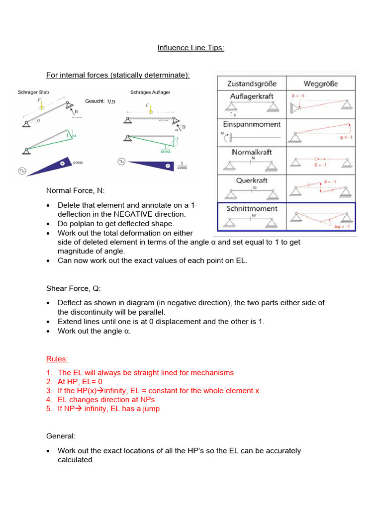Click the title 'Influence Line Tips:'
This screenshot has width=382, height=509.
[x=191, y=48]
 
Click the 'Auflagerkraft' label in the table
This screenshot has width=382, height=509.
[x=251, y=96]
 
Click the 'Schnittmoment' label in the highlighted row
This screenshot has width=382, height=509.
[x=252, y=208]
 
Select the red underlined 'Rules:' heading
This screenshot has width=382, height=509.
[x=57, y=358]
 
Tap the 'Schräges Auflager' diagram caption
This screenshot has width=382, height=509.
[x=149, y=92]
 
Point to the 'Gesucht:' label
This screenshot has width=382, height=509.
[x=95, y=101]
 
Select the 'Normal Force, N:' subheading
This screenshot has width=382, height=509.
[x=75, y=190]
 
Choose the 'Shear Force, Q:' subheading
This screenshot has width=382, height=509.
[x=73, y=288]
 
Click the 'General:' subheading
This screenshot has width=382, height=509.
[x=61, y=436]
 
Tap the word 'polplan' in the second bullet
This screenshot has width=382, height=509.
[x=80, y=224]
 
